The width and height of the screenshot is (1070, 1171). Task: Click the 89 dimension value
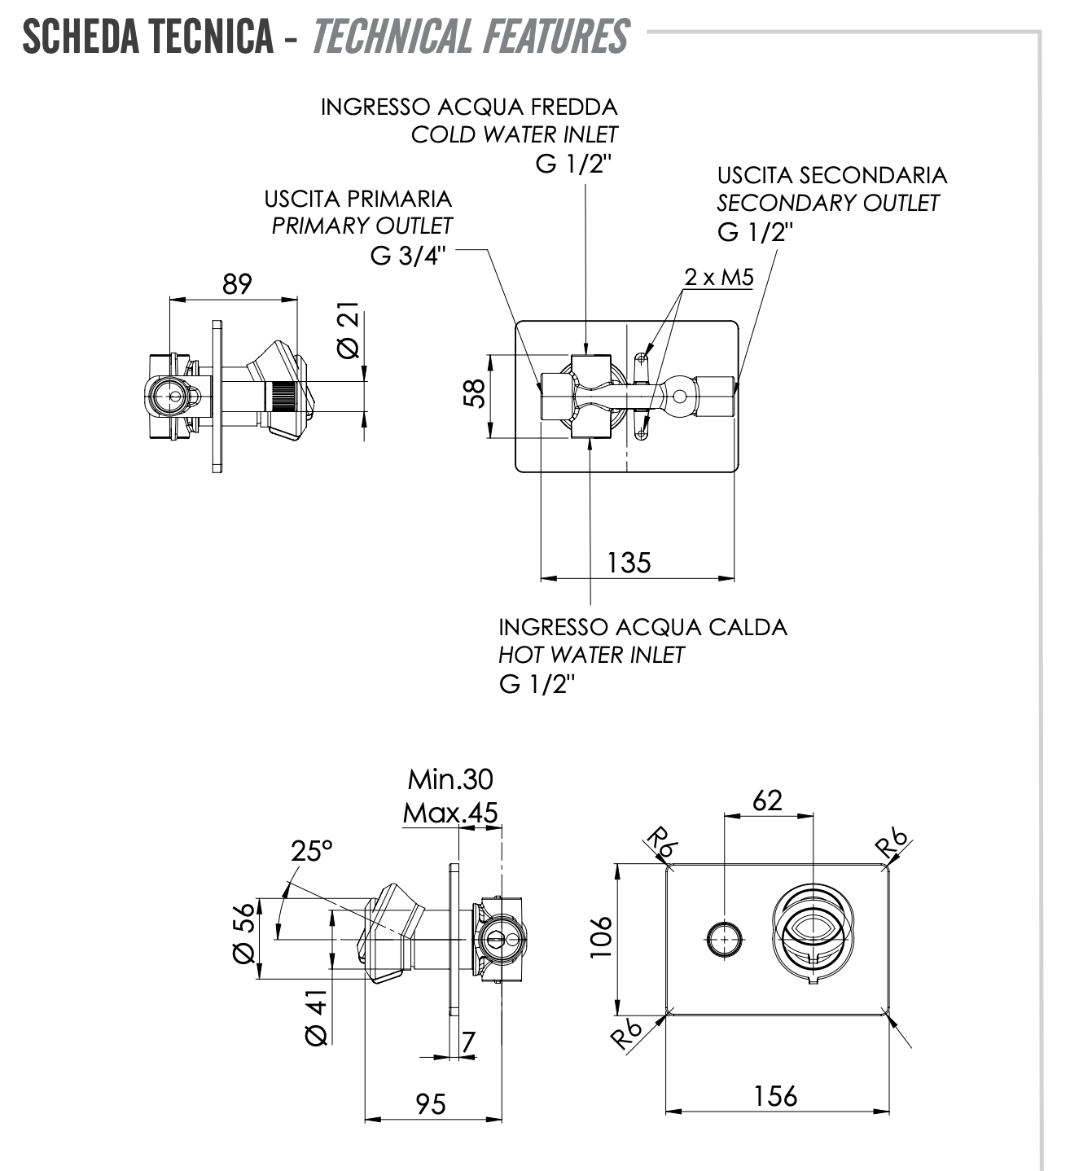237,284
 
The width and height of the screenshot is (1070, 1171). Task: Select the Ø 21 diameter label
347,330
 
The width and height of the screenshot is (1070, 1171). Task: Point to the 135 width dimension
629,563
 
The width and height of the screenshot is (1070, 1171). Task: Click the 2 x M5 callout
718,278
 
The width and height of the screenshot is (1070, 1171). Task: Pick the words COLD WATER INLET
514,134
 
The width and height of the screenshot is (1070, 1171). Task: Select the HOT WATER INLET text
591,655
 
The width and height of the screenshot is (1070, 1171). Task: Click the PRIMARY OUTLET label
362,226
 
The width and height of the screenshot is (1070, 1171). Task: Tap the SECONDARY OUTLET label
828,203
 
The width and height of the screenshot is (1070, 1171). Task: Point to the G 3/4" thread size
408,256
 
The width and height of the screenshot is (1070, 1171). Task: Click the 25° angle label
312,851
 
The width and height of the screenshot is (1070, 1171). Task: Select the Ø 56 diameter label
244,934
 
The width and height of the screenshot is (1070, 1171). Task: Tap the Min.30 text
450,780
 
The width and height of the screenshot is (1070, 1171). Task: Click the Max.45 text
449,813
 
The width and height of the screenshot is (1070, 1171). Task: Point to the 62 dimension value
767,800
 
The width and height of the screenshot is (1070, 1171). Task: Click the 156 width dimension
775,1096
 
